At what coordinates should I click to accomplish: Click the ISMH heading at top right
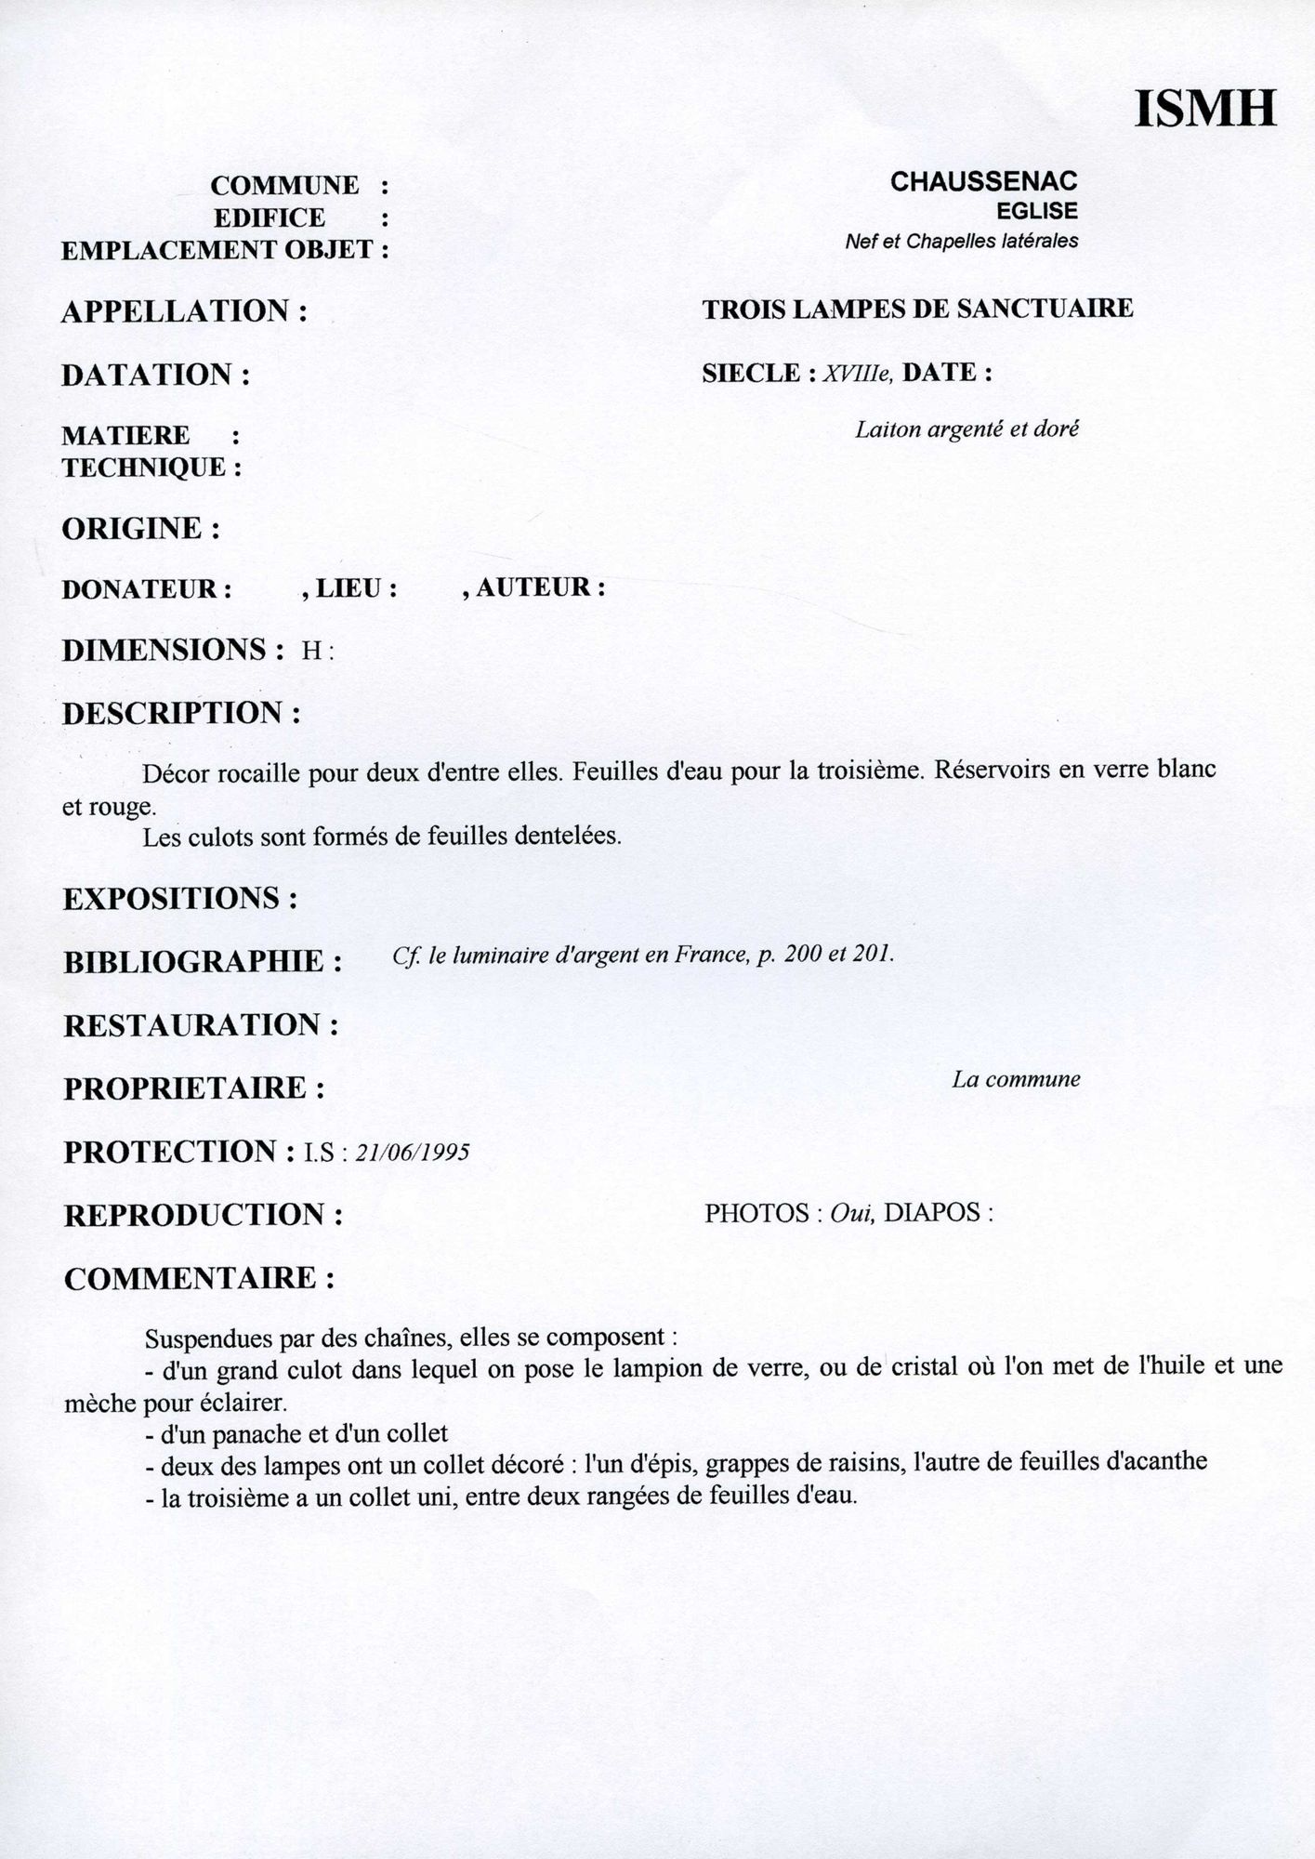coord(1205,109)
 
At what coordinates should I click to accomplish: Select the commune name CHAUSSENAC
coord(983,182)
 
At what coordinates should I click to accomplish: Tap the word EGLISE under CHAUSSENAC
coord(1036,211)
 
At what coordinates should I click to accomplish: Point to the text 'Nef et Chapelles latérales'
coord(961,242)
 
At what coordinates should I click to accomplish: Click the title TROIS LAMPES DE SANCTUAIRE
coord(917,309)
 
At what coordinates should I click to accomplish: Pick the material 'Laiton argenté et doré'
coord(967,429)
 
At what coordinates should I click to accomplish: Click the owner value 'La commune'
coord(1016,1080)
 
